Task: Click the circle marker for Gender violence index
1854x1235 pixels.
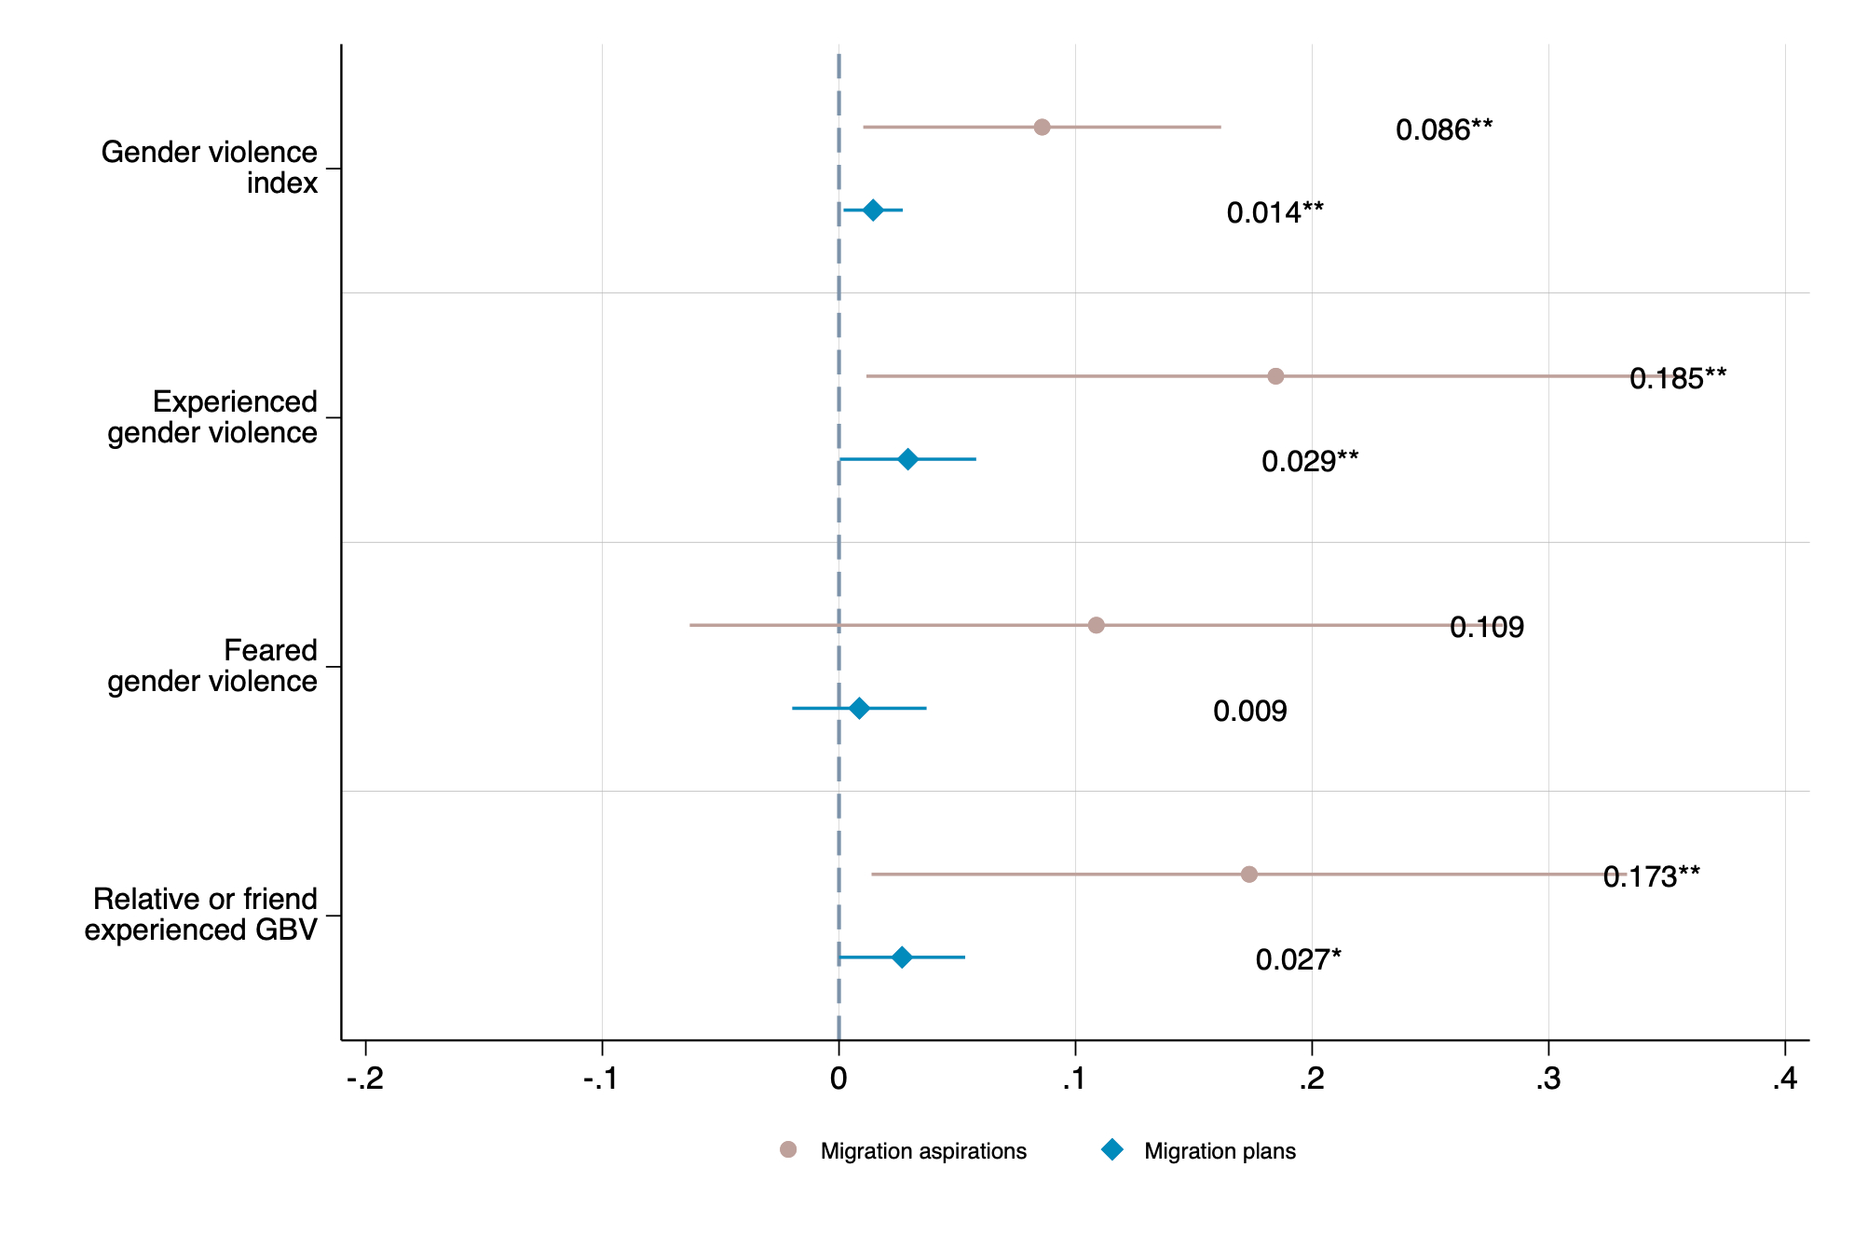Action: click(1042, 127)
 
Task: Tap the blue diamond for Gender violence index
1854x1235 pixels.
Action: click(873, 210)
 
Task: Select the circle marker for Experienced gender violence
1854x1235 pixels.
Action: click(1275, 376)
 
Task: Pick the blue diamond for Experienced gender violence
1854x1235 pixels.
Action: click(907, 459)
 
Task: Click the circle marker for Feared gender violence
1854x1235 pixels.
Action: click(1096, 625)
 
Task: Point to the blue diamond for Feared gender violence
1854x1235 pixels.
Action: click(860, 709)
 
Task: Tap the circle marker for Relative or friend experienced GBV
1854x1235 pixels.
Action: click(1249, 874)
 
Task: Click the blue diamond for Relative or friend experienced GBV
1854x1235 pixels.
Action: click(902, 957)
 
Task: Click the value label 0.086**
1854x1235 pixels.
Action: click(1443, 130)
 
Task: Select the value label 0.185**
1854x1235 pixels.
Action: click(1677, 379)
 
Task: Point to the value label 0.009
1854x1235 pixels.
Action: click(1249, 712)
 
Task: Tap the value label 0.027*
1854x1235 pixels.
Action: click(1298, 960)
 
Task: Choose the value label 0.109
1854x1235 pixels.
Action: click(1486, 628)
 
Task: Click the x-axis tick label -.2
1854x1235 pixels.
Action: click(365, 1079)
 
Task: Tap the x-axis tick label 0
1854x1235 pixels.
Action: click(838, 1079)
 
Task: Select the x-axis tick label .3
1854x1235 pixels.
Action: click(1548, 1079)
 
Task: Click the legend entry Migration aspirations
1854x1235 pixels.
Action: click(922, 1151)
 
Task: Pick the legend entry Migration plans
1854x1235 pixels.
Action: click(1219, 1151)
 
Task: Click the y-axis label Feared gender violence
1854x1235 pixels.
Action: click(212, 666)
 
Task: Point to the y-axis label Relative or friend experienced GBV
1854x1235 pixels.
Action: click(201, 915)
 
